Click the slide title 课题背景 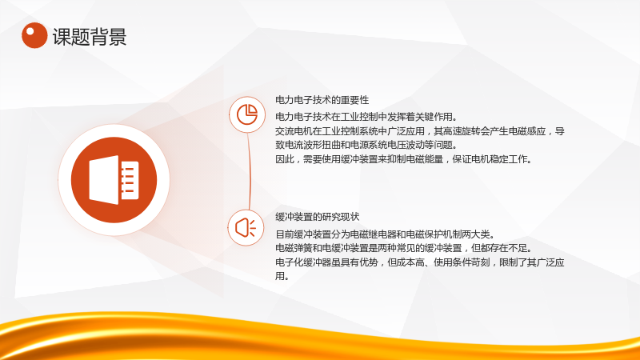tap(90, 37)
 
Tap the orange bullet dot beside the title tap(34, 35)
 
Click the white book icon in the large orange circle tap(114, 180)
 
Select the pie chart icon tap(247, 114)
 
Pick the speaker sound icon tap(246, 227)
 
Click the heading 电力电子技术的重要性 tap(322, 100)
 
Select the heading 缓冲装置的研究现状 tap(317, 217)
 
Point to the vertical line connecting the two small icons tap(249, 171)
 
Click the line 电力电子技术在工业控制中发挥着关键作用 tap(366, 117)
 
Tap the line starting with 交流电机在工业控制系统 tap(419, 131)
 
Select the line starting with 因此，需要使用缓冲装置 tap(403, 159)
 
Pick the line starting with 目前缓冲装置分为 tap(385, 234)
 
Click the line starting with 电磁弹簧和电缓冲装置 tap(403, 248)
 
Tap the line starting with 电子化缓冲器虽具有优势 tap(419, 262)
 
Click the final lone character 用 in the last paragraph tap(280, 276)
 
